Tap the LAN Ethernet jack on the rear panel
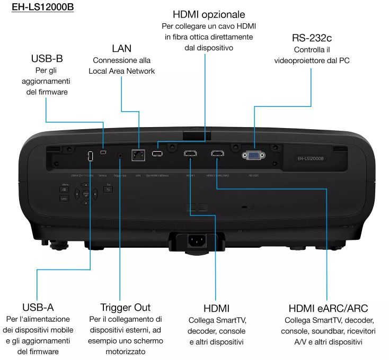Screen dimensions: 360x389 138,155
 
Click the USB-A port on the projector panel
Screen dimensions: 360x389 90,156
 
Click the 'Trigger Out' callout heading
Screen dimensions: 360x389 126,308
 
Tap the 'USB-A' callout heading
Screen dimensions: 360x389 38,307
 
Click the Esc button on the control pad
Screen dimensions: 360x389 108,188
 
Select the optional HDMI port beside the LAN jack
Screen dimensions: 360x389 157,154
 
